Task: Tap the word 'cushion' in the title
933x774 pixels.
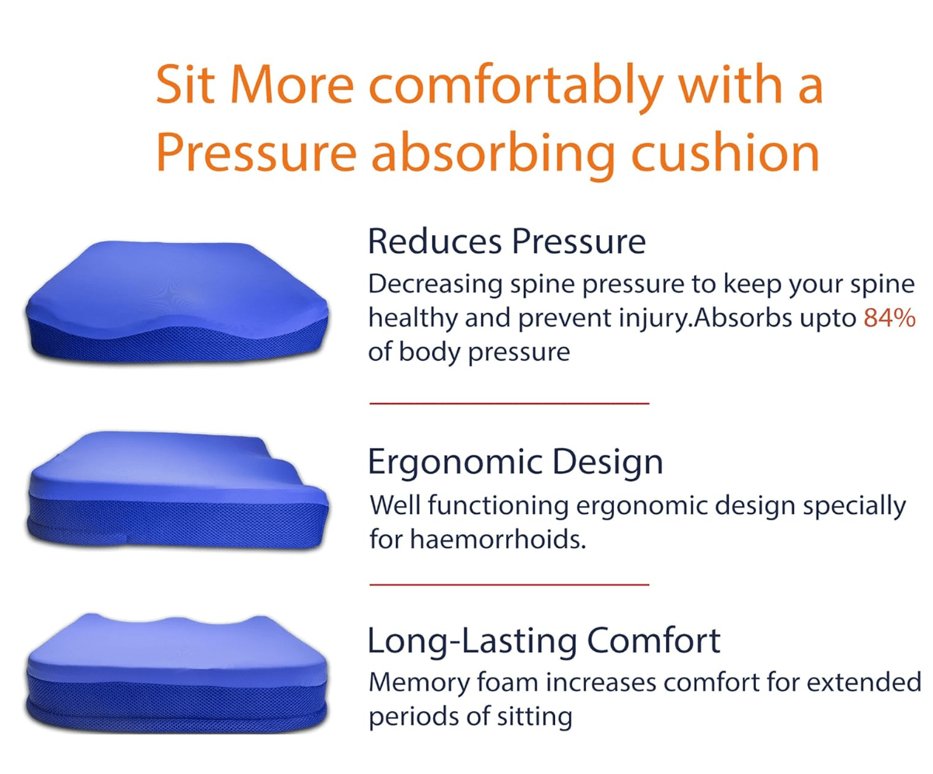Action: [x=725, y=153]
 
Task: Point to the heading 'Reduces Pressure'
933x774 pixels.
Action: [x=507, y=241]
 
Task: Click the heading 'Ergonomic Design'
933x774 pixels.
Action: [x=515, y=463]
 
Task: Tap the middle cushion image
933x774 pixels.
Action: [x=178, y=490]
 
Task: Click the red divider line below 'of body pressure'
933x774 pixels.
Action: [x=509, y=404]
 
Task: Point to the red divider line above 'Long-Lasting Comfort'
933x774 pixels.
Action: [x=509, y=584]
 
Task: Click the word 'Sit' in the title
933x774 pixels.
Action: [x=186, y=85]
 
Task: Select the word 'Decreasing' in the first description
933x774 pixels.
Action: [x=435, y=286]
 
